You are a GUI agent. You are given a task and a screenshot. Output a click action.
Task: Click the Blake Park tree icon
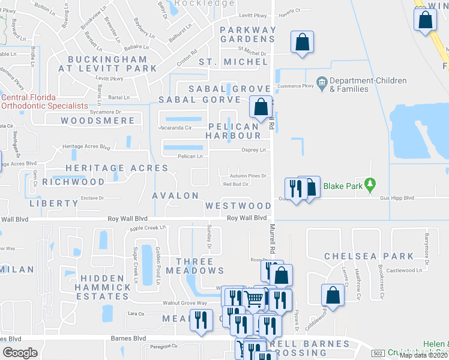pyautogui.click(x=372, y=185)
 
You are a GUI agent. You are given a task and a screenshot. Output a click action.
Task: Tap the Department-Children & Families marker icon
pyautogui.click(x=322, y=81)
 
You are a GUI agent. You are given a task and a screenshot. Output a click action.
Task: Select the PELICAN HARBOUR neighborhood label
pyautogui.click(x=234, y=131)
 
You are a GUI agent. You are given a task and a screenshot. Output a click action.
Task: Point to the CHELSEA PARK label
pyautogui.click(x=369, y=256)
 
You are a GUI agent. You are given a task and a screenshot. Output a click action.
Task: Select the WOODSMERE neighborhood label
pyautogui.click(x=98, y=121)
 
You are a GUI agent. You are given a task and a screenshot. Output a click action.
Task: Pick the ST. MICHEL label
pyautogui.click(x=233, y=62)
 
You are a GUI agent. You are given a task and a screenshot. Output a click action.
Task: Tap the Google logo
pyautogui.click(x=20, y=353)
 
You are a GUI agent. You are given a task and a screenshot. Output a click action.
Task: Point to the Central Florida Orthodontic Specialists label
pyautogui.click(x=44, y=101)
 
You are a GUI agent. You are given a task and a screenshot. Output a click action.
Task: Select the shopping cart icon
pyautogui.click(x=255, y=298)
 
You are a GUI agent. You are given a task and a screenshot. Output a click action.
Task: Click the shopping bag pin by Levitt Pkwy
pyautogui.click(x=302, y=43)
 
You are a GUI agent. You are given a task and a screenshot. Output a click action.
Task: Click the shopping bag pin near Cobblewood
pyautogui.click(x=333, y=296)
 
